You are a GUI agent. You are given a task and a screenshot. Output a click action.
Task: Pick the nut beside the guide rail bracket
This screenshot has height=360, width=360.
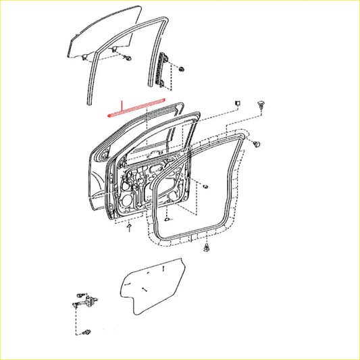(182, 70)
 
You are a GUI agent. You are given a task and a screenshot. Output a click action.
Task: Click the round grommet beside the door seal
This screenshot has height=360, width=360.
(257, 144)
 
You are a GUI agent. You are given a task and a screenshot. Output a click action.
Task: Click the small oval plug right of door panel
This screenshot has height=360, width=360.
(205, 186)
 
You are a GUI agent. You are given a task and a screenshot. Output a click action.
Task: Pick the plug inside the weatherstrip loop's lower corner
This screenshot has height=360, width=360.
(166, 220)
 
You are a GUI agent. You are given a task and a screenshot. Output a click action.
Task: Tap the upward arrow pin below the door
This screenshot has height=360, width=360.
(128, 228)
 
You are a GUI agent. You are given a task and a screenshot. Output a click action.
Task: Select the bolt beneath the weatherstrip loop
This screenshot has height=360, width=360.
(205, 251)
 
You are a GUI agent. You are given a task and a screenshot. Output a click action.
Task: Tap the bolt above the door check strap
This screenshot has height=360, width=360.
(80, 294)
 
